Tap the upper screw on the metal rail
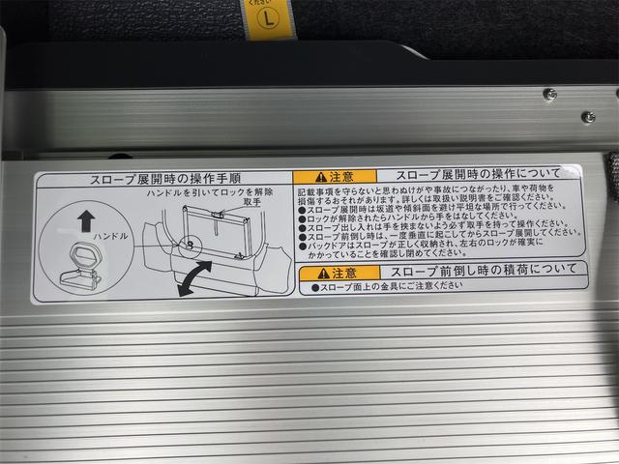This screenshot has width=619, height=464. click(x=549, y=94)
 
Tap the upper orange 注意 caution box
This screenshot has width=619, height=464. click(x=322, y=177)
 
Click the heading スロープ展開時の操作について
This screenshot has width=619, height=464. click(x=465, y=176)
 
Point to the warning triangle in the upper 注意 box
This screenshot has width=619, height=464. click(x=306, y=177)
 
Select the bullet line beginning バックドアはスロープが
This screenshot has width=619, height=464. click(x=426, y=246)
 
